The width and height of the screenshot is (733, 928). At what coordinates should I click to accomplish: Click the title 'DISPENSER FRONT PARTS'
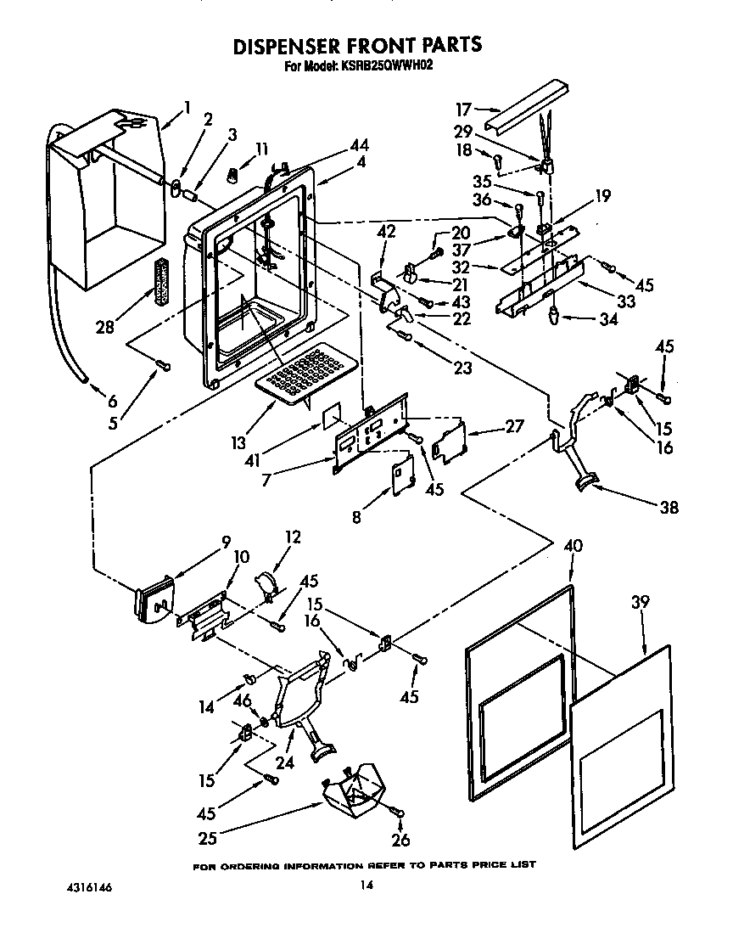(x=357, y=44)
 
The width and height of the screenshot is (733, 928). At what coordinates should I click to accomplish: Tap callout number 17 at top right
(x=463, y=109)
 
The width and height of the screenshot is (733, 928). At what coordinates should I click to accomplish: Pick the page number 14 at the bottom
(x=366, y=886)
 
